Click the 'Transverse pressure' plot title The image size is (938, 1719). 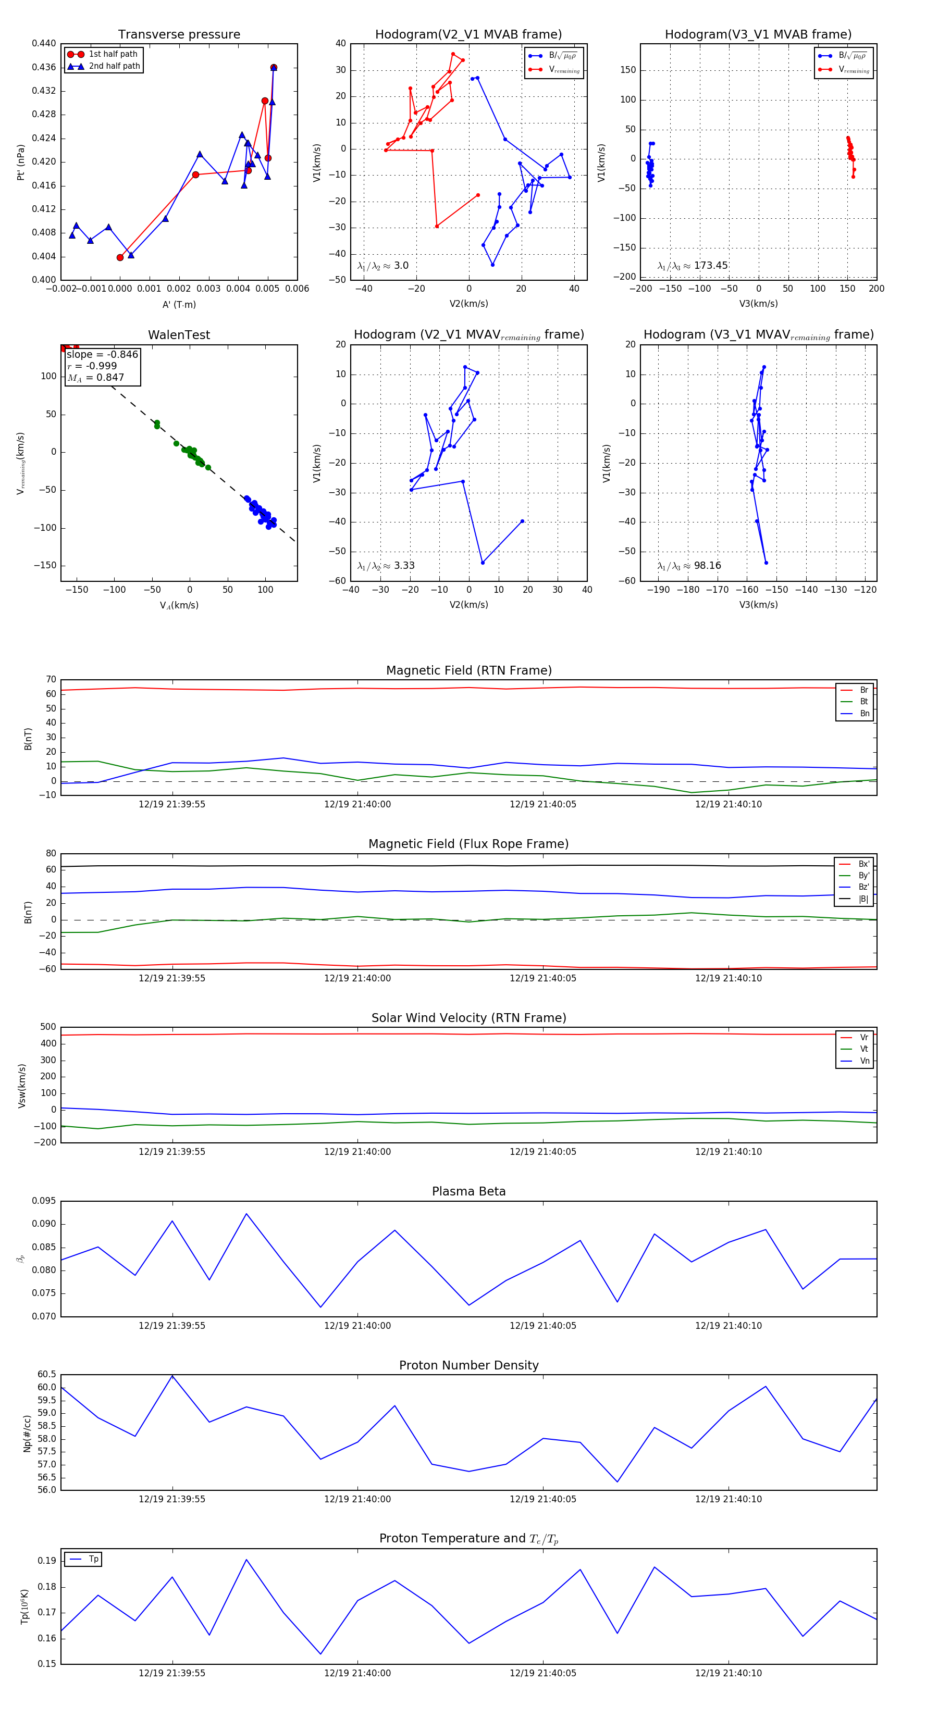(179, 35)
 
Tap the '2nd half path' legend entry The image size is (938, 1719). (114, 66)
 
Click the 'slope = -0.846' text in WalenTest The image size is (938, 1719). (102, 354)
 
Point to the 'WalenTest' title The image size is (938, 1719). (179, 335)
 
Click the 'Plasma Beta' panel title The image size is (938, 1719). (468, 1191)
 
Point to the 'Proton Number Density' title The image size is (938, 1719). (468, 1365)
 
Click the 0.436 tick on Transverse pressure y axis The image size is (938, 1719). (44, 67)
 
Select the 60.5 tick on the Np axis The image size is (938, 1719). (47, 1374)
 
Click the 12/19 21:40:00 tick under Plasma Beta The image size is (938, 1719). (357, 1325)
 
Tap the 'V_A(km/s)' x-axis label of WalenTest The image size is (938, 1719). (179, 605)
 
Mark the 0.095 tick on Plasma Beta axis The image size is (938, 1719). (44, 1201)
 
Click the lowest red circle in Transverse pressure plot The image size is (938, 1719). (120, 257)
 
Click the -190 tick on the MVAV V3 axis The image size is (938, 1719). (658, 590)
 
